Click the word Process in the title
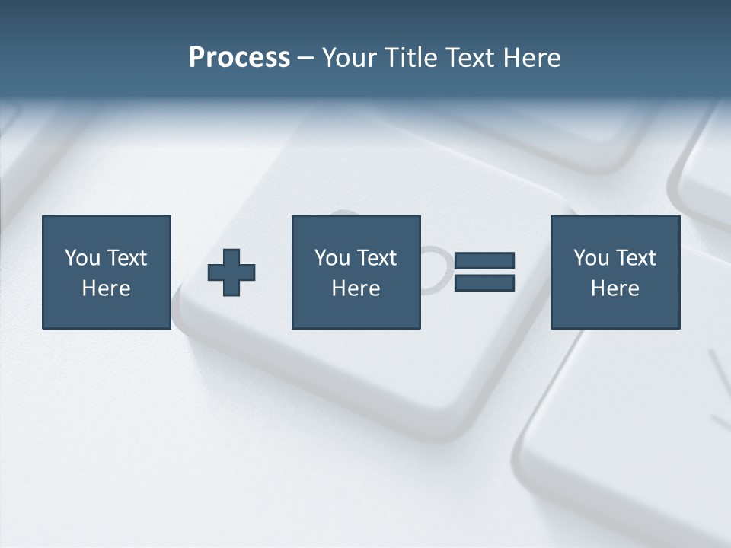239,57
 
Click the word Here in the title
531,57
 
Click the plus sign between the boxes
231,272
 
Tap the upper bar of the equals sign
484,260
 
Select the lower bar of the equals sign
484,283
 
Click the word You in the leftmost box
82,258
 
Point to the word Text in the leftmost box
126,258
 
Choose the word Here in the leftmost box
106,288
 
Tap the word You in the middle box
332,258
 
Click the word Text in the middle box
376,258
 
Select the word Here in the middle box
356,288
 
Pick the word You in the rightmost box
591,258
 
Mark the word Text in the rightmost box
635,258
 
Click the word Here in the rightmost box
614,288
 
